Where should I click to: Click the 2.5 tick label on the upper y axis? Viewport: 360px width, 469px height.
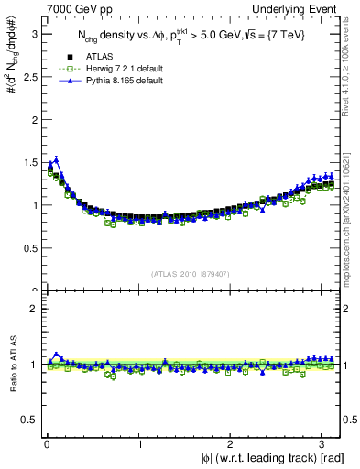coord(29,76)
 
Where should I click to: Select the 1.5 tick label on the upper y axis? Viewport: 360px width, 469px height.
coord(29,162)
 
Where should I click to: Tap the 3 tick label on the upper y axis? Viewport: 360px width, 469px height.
coord(34,33)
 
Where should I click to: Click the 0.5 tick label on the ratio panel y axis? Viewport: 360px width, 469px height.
coord(29,420)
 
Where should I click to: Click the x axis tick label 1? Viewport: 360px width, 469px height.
coord(139,444)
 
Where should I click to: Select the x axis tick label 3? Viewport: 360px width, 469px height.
coord(324,444)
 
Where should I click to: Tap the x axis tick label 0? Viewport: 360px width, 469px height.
coord(47,444)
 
